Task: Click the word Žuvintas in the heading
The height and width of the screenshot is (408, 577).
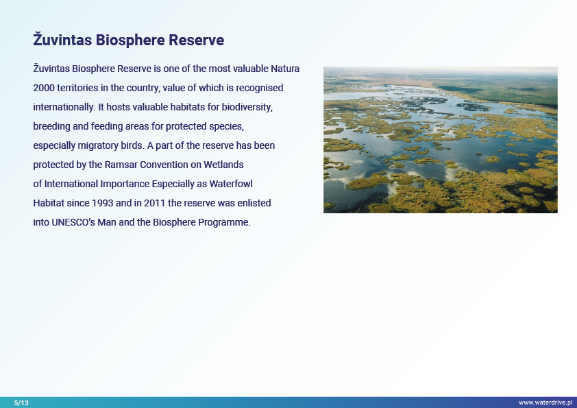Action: [62, 39]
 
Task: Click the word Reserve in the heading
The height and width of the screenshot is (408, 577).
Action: [196, 40]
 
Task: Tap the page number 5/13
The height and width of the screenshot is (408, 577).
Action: [21, 403]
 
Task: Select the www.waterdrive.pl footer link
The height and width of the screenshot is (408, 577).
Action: [545, 403]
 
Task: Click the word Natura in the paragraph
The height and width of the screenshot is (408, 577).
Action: [285, 69]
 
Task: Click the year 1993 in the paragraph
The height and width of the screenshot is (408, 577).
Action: [102, 203]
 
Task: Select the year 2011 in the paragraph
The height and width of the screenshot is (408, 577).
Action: [155, 203]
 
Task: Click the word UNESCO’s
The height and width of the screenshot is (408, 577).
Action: [73, 222]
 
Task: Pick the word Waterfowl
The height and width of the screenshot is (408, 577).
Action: [231, 184]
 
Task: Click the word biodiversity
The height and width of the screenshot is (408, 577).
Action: [247, 107]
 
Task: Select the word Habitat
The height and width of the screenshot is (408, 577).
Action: [49, 203]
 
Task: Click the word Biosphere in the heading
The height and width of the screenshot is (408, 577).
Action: [130, 40]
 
